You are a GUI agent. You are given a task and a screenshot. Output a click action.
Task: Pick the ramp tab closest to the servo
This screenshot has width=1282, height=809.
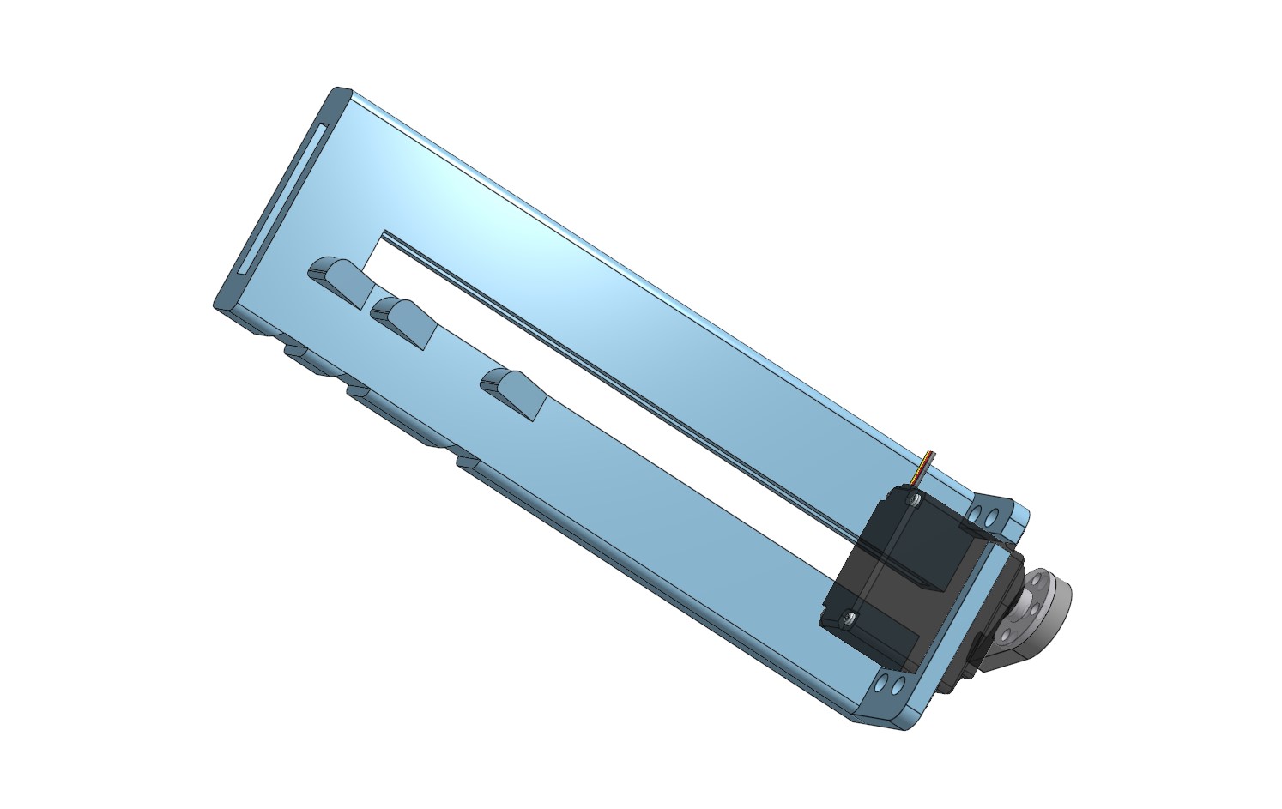513,392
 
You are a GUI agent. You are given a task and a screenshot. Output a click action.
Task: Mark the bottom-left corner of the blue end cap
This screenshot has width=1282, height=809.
220,304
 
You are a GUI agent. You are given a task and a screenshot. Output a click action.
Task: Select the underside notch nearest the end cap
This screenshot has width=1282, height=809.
296,350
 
